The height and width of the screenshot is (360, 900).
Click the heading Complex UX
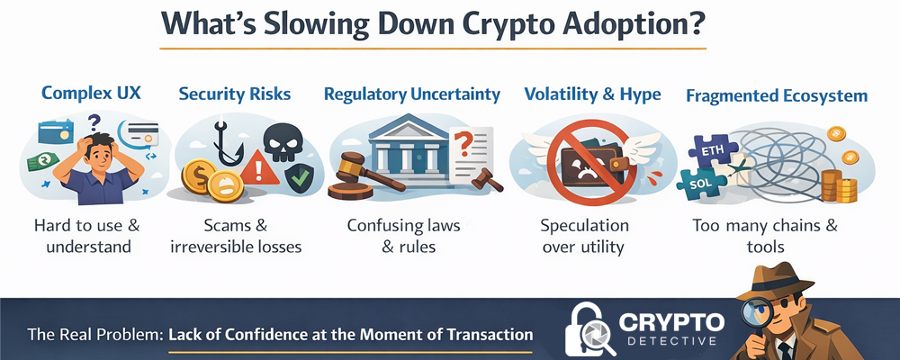click(x=91, y=93)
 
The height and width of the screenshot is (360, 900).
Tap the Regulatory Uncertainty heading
click(x=411, y=94)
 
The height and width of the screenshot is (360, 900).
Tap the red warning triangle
click(x=259, y=169)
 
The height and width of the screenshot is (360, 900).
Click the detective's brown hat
click(x=774, y=281)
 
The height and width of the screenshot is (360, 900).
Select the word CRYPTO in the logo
click(x=671, y=322)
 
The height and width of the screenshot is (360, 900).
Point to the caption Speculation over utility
click(x=584, y=236)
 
